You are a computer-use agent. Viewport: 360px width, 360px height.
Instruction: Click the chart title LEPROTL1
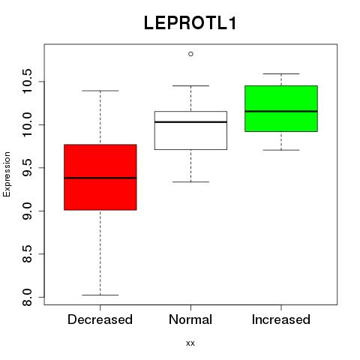(x=190, y=23)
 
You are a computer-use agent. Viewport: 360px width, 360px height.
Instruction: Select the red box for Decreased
(x=100, y=177)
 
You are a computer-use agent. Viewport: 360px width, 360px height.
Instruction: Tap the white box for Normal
(x=190, y=130)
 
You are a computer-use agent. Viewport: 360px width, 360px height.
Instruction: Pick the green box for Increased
(x=281, y=109)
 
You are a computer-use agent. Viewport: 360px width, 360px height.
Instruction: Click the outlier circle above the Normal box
(x=190, y=54)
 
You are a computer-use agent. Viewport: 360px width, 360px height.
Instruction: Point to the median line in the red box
(x=100, y=178)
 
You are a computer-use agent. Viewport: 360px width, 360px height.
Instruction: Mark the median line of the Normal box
(x=190, y=122)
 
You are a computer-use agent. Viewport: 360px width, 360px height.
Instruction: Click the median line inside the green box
(x=281, y=111)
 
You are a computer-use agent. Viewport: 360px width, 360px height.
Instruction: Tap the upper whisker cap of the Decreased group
(x=100, y=91)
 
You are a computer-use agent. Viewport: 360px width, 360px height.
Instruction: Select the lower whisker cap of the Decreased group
(x=100, y=295)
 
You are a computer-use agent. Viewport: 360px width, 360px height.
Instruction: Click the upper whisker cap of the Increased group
(x=281, y=73)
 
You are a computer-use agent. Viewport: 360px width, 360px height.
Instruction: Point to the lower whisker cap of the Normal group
(x=190, y=181)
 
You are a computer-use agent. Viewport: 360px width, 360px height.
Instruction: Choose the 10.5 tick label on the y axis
(x=27, y=82)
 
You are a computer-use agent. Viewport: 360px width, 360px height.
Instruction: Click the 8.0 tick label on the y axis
(x=27, y=297)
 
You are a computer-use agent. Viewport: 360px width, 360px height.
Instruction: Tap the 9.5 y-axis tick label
(x=27, y=168)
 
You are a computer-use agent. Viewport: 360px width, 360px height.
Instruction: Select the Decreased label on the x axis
(x=100, y=319)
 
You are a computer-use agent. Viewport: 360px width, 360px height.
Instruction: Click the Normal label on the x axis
(x=190, y=319)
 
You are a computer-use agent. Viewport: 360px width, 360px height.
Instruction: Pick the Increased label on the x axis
(x=281, y=319)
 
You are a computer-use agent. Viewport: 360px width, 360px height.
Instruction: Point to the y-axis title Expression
(x=7, y=174)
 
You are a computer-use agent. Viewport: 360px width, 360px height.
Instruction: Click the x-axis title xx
(x=190, y=343)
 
